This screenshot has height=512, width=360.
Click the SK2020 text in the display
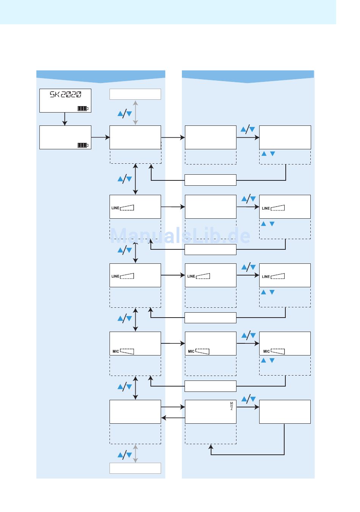66,95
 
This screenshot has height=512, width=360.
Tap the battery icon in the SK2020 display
83,108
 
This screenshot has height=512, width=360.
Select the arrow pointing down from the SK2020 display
65,119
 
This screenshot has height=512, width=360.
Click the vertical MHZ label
232,406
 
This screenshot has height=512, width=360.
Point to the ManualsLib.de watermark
180,236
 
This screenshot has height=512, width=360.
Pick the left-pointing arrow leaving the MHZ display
173,418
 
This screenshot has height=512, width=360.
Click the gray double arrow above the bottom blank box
135,454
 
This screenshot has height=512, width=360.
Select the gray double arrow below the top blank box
135,113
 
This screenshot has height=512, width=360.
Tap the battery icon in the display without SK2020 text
83,145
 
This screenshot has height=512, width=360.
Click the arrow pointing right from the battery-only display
100,137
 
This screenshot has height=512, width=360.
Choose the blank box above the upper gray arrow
135,94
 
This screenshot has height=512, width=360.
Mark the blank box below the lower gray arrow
135,468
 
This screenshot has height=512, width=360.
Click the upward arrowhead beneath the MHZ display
211,447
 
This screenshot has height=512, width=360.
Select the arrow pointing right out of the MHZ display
248,407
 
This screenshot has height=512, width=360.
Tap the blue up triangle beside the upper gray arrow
121,113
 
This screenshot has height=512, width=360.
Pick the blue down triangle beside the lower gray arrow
129,455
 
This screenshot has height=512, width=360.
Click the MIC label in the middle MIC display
191,351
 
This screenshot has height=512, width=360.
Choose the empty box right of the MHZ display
285,412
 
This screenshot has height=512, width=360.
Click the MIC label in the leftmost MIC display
116,351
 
